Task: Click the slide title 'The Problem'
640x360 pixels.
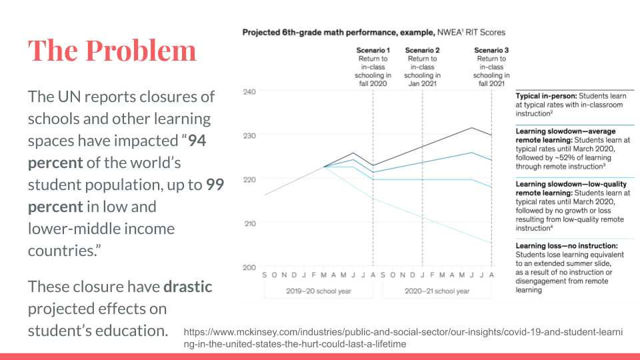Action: tap(112, 51)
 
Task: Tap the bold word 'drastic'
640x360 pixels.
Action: tap(188, 287)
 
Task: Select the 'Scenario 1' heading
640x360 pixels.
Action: tap(372, 50)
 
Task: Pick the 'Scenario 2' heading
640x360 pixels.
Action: tap(422, 50)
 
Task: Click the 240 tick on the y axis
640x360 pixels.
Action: tap(248, 91)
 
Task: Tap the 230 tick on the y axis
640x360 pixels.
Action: tap(248, 135)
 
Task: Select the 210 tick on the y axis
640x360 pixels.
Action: tap(248, 223)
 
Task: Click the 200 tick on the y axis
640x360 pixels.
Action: tap(248, 267)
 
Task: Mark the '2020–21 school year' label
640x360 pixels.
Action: tap(437, 291)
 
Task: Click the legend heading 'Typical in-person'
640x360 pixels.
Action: tap(544, 97)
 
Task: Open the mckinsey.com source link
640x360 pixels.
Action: tap(403, 337)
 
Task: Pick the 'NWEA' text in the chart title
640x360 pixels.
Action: tap(449, 32)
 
